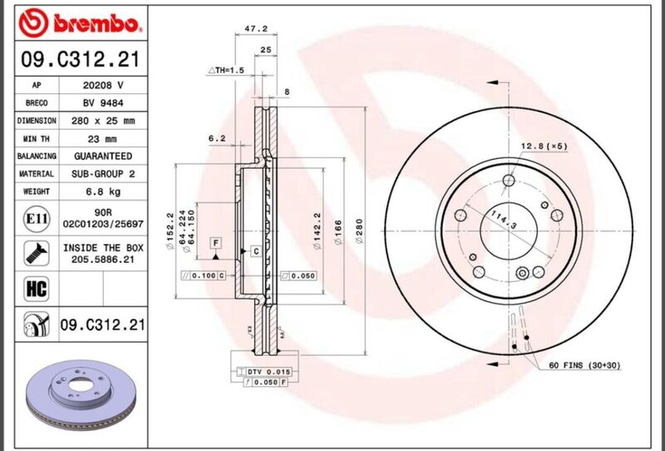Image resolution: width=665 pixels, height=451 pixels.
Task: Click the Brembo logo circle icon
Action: [x=34, y=23]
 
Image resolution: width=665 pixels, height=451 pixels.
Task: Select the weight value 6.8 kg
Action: [x=103, y=191]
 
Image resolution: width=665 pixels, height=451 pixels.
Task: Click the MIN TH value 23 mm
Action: [x=101, y=139]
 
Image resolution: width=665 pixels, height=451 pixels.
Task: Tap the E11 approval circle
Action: [x=37, y=219]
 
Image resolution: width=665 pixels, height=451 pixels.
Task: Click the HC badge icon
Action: [x=37, y=289]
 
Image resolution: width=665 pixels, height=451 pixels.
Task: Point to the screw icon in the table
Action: [x=37, y=254]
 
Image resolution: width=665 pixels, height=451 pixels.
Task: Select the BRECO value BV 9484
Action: [x=103, y=103]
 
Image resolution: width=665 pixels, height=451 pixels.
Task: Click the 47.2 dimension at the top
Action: [x=256, y=29]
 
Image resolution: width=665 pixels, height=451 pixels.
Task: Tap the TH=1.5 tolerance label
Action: [x=225, y=70]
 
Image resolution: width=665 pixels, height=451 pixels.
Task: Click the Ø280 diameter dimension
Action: [x=359, y=231]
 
